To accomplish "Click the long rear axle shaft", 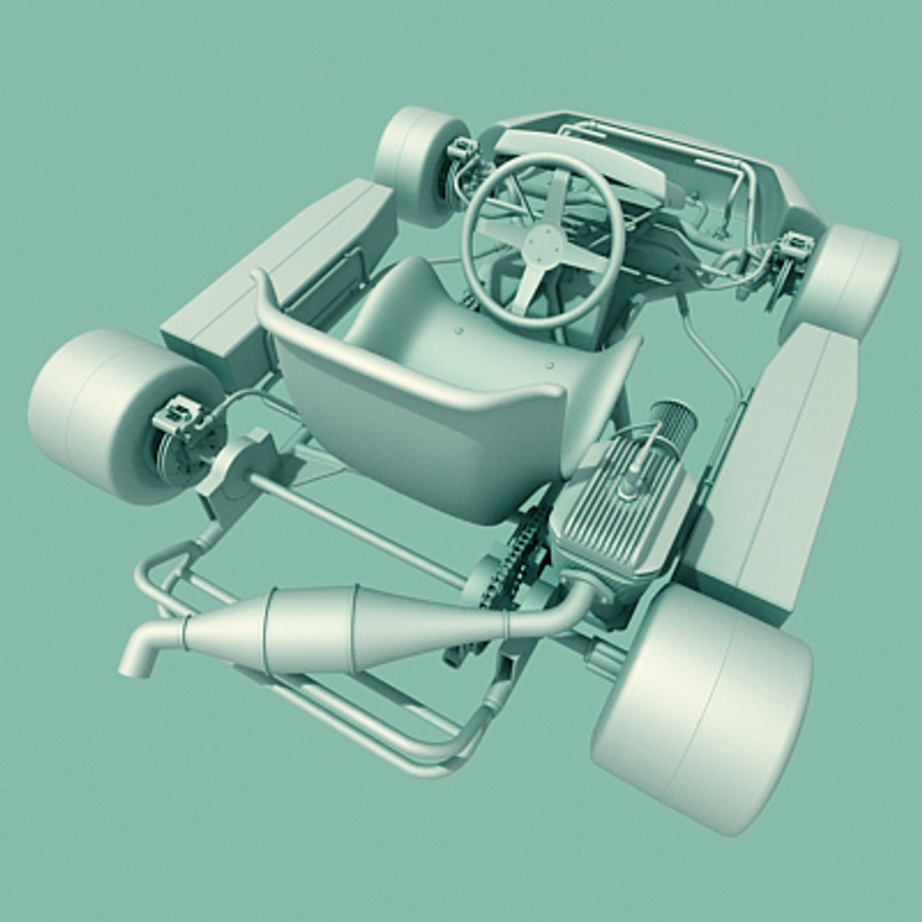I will pos(359,529).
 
